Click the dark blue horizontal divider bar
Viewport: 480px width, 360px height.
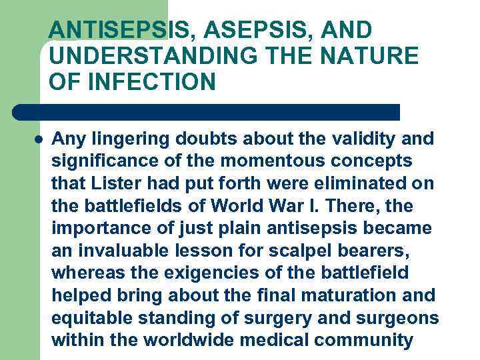(x=207, y=111)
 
